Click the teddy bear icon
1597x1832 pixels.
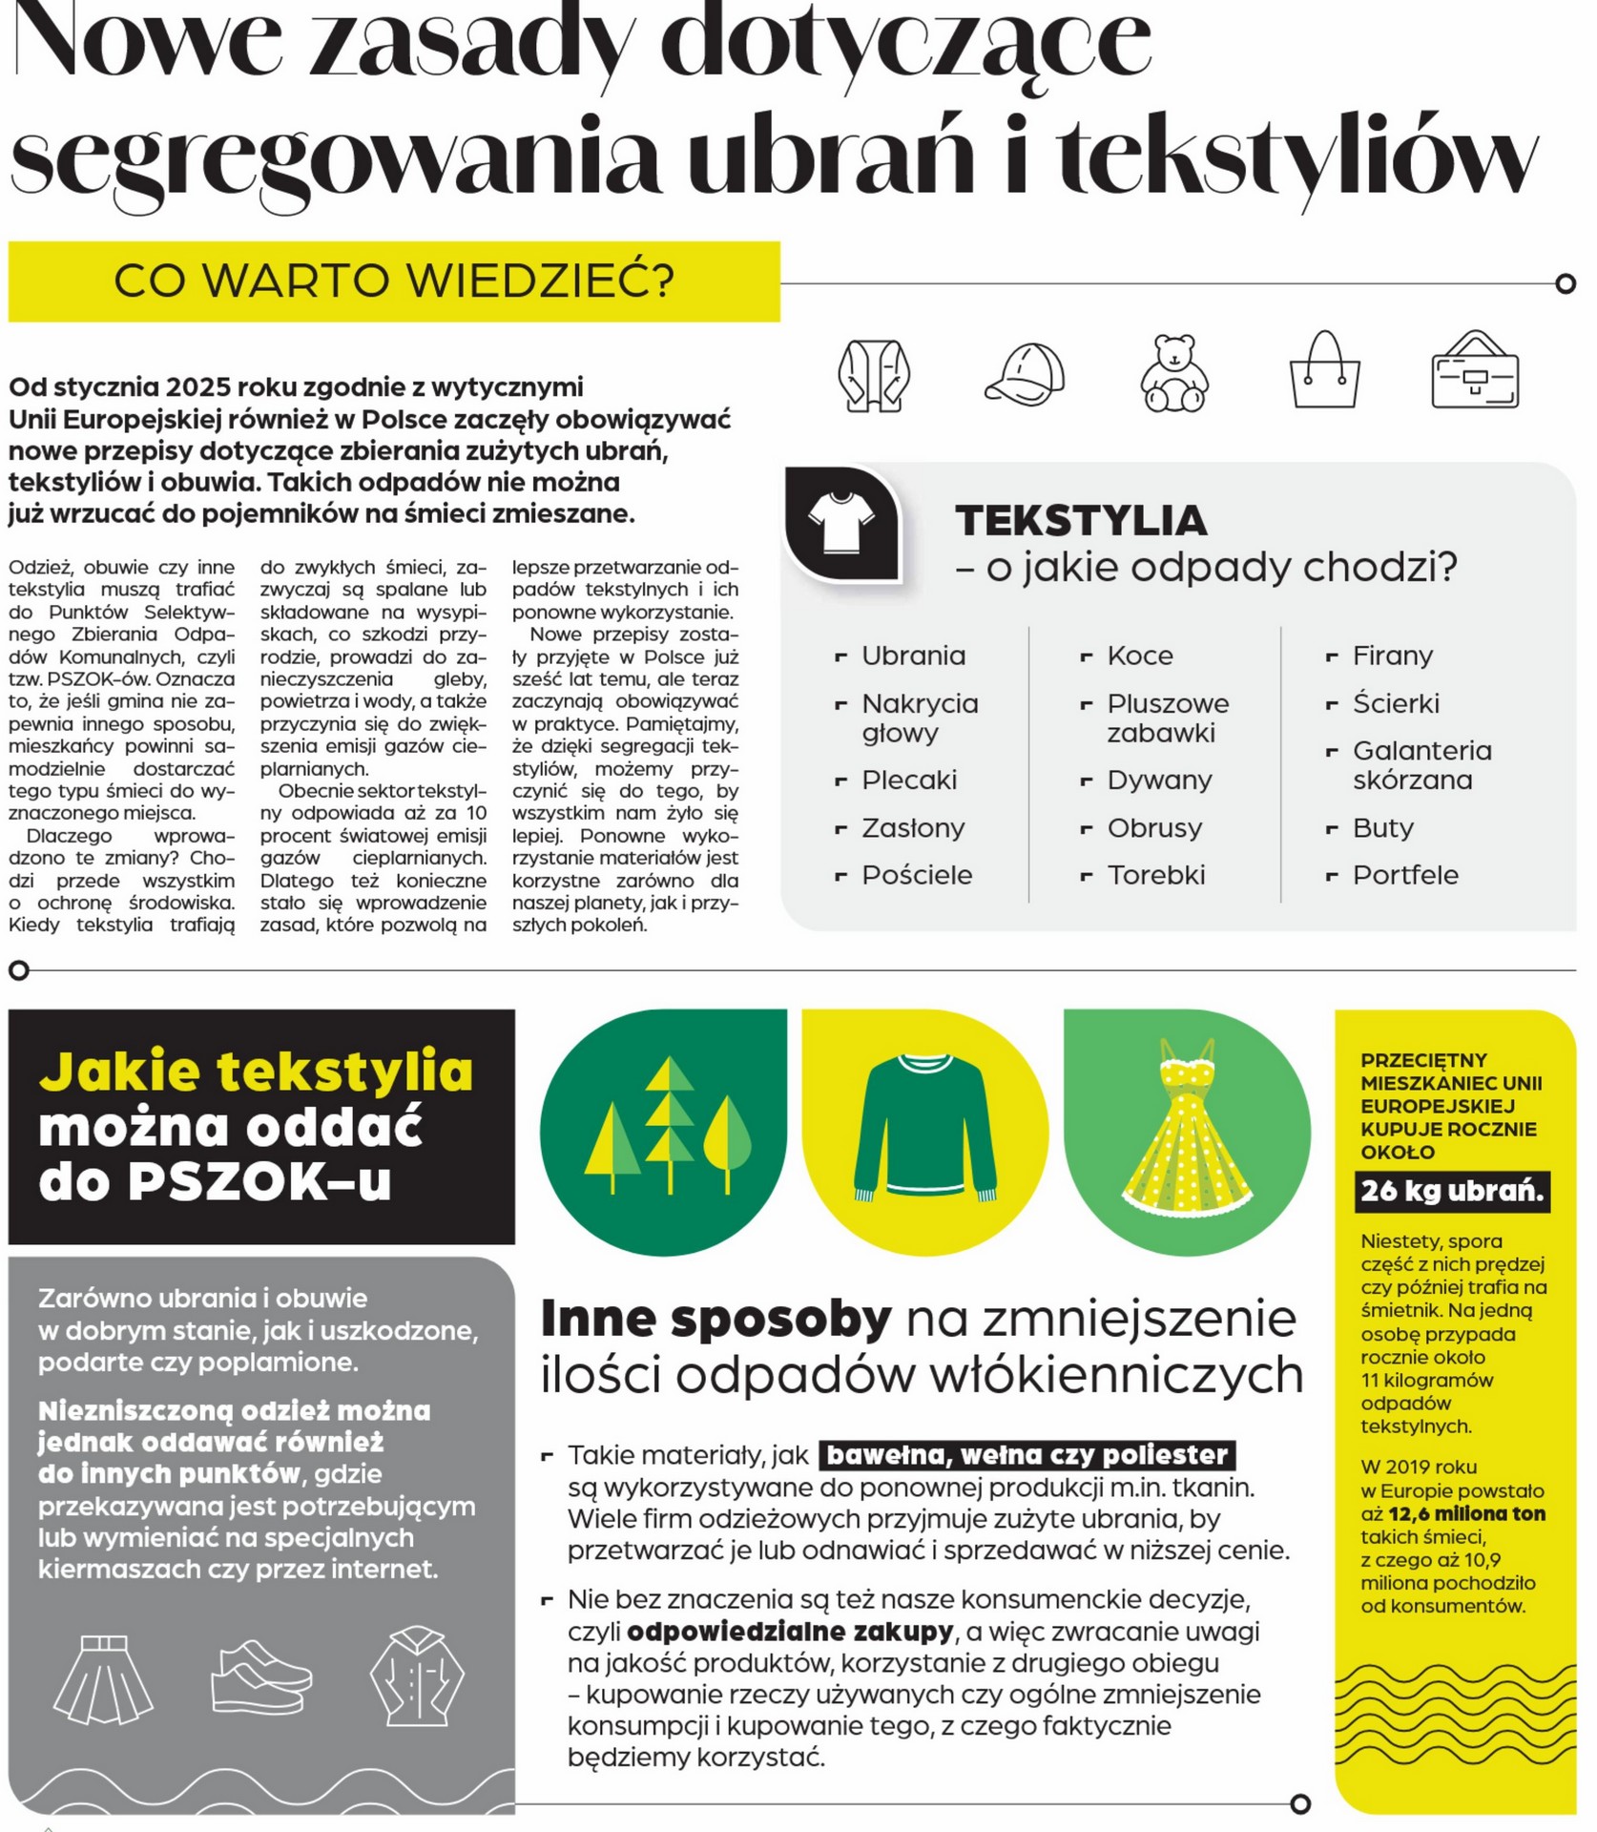pos(1174,374)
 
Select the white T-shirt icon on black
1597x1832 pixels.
pos(840,521)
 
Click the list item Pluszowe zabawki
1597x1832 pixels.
pos(1167,718)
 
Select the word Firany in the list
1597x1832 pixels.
pos(1392,656)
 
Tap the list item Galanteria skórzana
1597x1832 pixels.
pos(1421,765)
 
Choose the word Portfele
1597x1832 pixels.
pos(1404,875)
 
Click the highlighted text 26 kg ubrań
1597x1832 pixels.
pos(1451,1191)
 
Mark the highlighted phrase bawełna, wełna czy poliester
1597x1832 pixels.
pos(1027,1455)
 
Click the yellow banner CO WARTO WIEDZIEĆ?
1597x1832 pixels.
pos(394,281)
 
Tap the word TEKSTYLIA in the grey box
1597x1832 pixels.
pos(1081,521)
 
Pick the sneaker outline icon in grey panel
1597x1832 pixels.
pos(259,1677)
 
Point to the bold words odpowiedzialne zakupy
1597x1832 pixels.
pos(790,1632)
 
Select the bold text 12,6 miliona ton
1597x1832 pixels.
pos(1466,1513)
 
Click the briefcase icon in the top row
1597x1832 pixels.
pos(1474,373)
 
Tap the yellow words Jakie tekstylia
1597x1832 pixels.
pos(256,1071)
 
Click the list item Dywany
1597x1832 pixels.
pos(1158,780)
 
